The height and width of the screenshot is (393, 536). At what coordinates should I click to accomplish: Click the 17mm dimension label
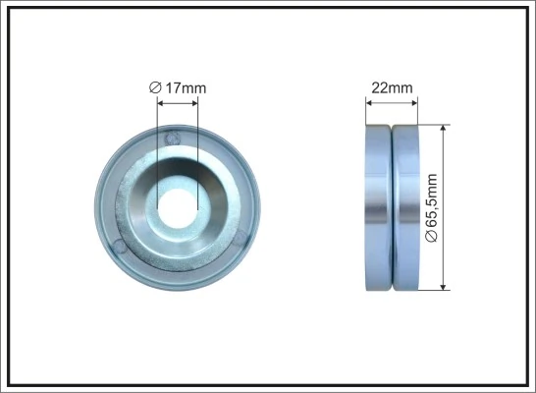185,88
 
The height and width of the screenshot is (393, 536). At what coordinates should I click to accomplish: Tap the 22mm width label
392,87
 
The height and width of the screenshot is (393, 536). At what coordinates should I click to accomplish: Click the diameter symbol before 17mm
154,88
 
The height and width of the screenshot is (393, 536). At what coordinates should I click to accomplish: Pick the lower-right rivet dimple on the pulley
239,232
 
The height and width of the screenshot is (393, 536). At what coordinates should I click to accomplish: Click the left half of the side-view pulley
378,206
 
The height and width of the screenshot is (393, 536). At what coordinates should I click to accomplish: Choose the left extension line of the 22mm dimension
365,110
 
